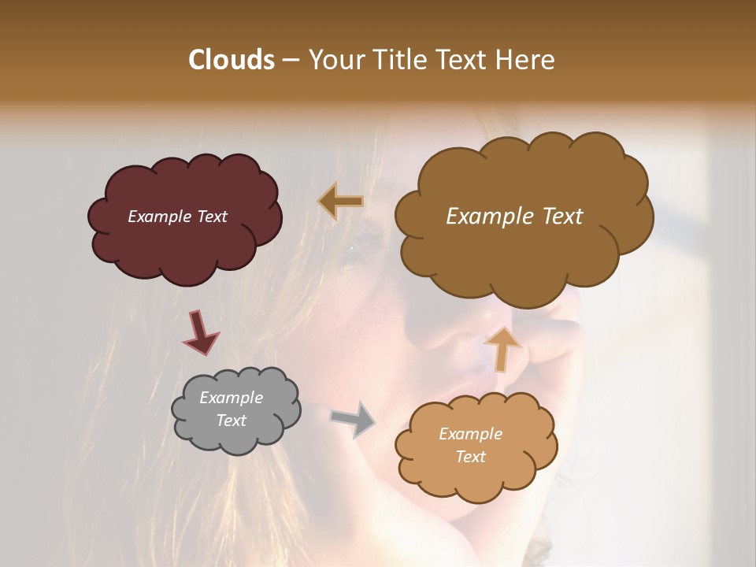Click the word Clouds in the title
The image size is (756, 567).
tap(231, 60)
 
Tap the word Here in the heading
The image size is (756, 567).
tap(528, 60)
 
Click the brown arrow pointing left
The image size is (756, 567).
tap(341, 201)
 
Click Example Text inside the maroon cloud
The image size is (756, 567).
tap(177, 217)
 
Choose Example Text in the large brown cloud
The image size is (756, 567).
tap(514, 217)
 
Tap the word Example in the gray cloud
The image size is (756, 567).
tap(231, 398)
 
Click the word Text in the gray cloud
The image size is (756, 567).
tap(231, 421)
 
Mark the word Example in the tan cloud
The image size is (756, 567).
tap(470, 434)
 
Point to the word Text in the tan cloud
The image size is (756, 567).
tap(470, 457)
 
